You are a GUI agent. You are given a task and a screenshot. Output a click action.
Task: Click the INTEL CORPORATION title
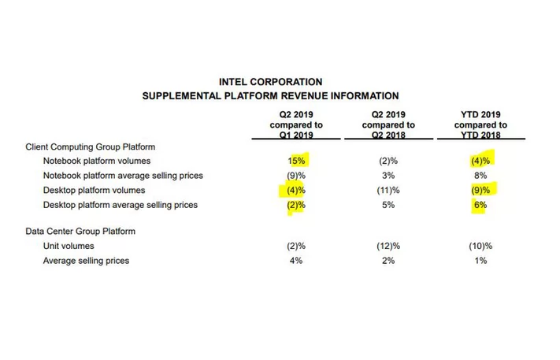(x=270, y=81)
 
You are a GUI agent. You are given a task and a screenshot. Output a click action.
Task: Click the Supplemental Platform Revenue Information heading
(x=270, y=95)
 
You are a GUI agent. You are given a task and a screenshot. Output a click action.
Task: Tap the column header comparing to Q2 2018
(x=388, y=124)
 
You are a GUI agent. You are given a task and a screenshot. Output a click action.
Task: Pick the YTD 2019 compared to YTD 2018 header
(x=480, y=124)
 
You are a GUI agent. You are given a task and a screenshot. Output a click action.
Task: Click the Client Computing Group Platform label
(x=91, y=147)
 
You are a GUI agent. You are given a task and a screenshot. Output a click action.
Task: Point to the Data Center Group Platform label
(x=80, y=232)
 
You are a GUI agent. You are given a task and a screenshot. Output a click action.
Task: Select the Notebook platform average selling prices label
(x=123, y=176)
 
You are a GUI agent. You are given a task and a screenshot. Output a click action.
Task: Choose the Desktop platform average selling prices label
(x=121, y=206)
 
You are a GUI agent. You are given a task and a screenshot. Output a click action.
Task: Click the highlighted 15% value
(x=296, y=161)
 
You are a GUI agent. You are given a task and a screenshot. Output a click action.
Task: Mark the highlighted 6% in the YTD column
(x=480, y=206)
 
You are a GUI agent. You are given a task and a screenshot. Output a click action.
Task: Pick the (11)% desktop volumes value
(x=388, y=191)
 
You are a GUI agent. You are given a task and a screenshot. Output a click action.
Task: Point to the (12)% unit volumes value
(x=388, y=246)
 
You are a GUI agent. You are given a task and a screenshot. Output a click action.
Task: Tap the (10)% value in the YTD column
(x=480, y=246)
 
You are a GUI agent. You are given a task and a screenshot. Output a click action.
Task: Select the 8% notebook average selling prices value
(x=480, y=176)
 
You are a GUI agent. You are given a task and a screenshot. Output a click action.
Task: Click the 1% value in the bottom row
(x=480, y=261)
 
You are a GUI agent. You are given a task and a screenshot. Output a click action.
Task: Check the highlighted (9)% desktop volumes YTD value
(x=480, y=191)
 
